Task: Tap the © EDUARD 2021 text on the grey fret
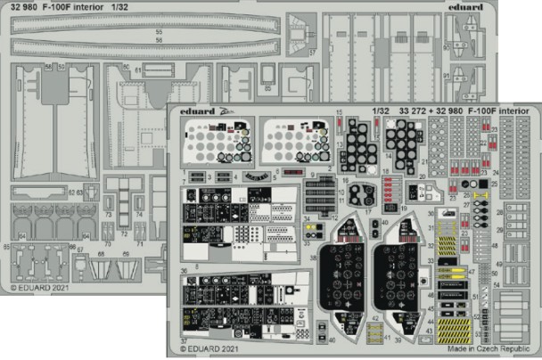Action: [40, 288]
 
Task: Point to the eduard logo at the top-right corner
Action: [517, 10]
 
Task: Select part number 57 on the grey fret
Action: [312, 52]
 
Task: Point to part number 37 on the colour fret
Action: [185, 340]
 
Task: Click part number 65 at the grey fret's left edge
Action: [6, 246]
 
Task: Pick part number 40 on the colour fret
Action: [331, 340]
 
